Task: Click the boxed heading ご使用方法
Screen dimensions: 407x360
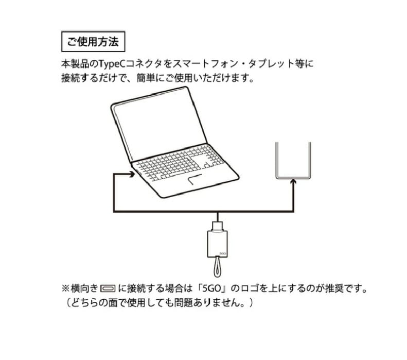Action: [x=93, y=42]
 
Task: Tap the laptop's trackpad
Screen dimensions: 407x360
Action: [x=195, y=182]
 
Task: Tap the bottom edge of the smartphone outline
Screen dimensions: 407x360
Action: [x=294, y=177]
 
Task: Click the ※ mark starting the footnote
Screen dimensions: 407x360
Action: [x=65, y=287]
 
